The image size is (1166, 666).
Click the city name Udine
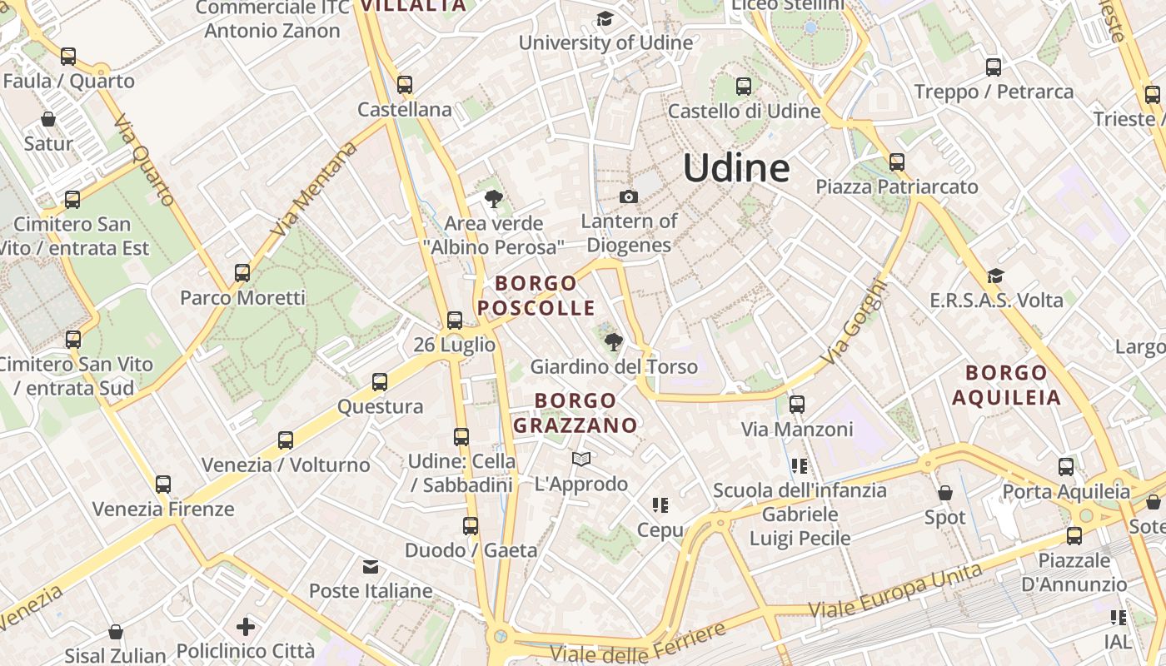(736, 168)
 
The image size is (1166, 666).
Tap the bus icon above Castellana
(405, 84)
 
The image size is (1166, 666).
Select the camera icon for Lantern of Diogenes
(629, 196)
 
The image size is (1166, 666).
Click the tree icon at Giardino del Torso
(614, 341)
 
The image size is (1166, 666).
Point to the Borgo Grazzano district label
(576, 413)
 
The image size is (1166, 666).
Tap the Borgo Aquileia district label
(1006, 385)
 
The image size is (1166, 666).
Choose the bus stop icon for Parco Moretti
(242, 272)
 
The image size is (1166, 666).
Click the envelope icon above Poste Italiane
(371, 567)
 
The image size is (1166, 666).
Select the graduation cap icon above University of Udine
(605, 19)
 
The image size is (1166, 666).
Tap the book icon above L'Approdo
(581, 459)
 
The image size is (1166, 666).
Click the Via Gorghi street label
(855, 321)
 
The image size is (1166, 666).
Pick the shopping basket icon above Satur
(48, 119)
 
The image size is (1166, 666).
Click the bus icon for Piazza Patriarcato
(897, 162)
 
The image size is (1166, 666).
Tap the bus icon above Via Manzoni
(797, 405)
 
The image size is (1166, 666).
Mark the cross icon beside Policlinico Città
(246, 626)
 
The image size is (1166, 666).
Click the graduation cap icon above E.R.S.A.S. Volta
(995, 276)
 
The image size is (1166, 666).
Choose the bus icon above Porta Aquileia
(1066, 467)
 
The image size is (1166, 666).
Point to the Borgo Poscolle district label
(536, 296)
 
